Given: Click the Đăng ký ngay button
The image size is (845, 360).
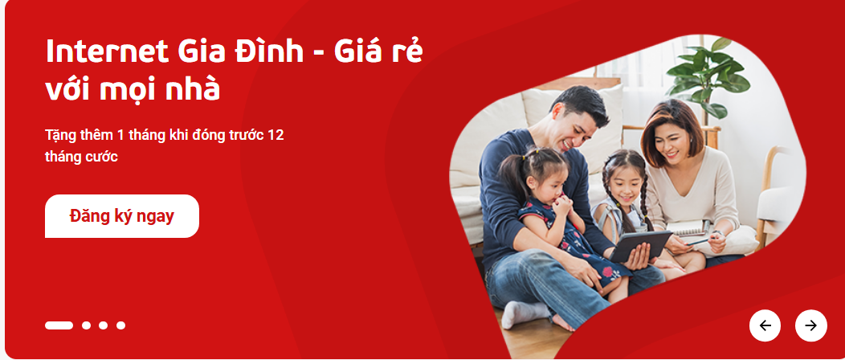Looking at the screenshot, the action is [x=122, y=216].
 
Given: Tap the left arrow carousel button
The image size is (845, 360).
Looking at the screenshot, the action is [x=765, y=325].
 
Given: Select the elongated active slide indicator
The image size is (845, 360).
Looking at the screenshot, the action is [x=59, y=325].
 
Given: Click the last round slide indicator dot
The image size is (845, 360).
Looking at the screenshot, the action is [x=120, y=325].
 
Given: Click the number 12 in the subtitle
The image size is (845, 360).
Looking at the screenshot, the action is [x=276, y=135].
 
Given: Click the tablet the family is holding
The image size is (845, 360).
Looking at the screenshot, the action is [x=641, y=245].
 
